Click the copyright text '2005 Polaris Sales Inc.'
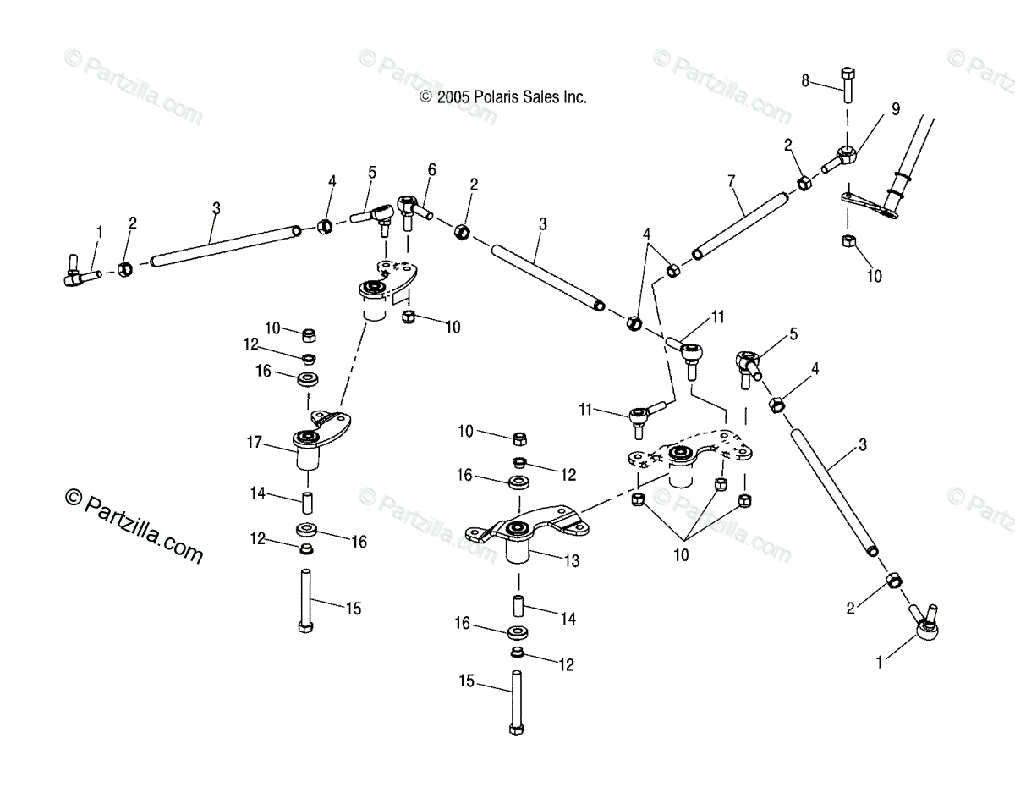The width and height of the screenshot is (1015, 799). tap(503, 97)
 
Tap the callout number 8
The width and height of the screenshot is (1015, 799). tap(806, 80)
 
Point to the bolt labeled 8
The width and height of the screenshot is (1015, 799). tap(848, 83)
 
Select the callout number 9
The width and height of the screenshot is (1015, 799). tap(895, 109)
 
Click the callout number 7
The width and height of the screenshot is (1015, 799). tap(732, 180)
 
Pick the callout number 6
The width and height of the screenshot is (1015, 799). tap(431, 169)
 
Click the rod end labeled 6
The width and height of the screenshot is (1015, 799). tap(411, 208)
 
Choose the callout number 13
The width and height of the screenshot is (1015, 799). tap(573, 559)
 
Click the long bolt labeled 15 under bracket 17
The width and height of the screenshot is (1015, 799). tap(304, 599)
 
